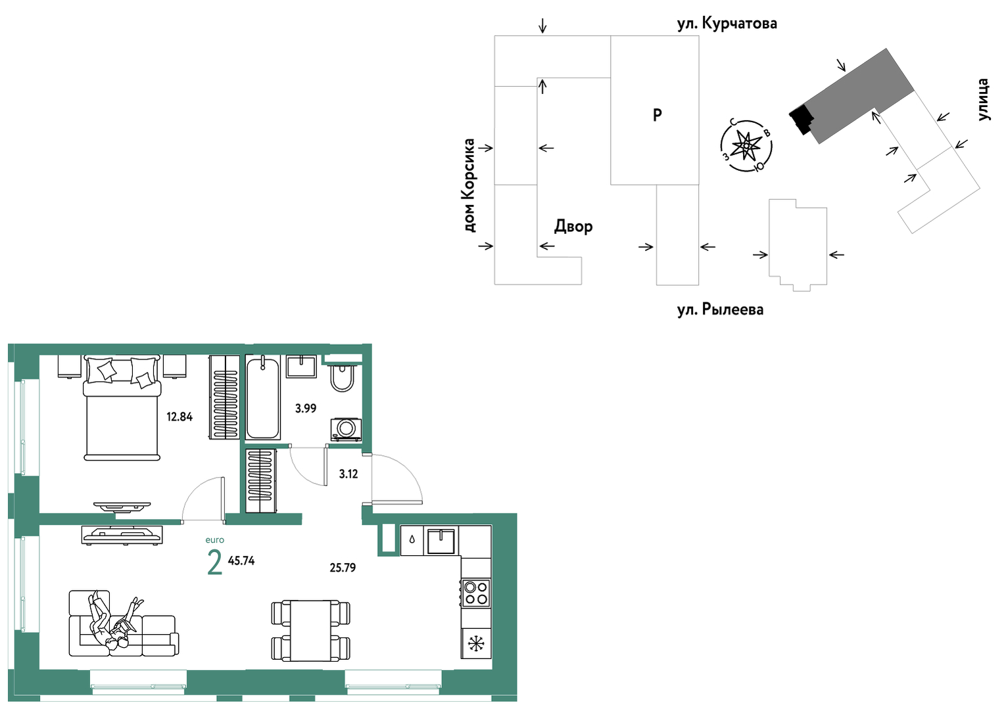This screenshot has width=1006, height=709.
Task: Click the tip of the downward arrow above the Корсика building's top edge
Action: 543,34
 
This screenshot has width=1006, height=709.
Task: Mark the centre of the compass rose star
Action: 746,146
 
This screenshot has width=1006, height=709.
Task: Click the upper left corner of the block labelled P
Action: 611,36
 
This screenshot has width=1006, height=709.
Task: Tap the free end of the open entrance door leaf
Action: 422,501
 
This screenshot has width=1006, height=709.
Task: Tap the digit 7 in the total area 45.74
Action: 247,560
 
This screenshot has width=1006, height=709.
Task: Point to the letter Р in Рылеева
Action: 705,309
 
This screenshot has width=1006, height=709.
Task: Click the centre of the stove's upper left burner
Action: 471,587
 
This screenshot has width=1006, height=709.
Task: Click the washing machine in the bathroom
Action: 346,429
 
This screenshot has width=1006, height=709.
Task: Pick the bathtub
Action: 263,397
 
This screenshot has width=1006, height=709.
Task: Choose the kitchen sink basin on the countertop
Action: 441,541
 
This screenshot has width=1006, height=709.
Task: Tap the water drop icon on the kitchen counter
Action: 412,539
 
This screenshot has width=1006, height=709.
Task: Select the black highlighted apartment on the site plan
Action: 802,119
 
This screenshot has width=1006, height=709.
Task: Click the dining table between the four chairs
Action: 311,630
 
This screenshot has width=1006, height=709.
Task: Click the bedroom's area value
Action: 180,417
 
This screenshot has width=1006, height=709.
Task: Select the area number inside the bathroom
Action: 305,408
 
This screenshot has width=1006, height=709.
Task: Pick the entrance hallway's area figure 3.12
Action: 348,474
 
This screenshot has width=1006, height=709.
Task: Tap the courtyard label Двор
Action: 573,226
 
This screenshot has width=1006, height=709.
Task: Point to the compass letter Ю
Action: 759,167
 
